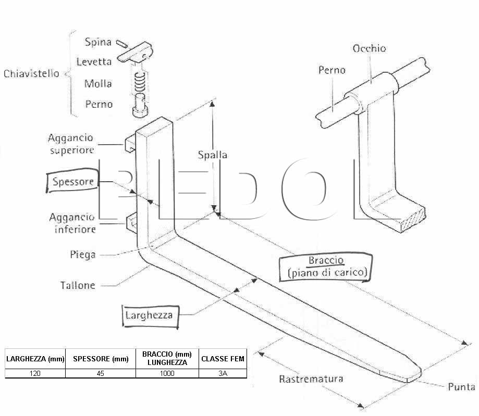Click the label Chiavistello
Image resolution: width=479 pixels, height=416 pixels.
point(31,73)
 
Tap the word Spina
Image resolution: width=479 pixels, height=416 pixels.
point(98,42)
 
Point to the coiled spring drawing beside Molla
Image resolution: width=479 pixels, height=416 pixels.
point(140,82)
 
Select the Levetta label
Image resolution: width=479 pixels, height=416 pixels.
point(94,61)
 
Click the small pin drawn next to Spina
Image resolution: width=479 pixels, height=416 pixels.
point(122,44)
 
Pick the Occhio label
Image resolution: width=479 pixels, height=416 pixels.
point(370,48)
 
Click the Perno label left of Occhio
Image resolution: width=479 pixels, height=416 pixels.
point(332,70)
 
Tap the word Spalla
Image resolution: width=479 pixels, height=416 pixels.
point(213,155)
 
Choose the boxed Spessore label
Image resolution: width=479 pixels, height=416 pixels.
point(73,182)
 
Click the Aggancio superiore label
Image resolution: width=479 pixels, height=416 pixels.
point(71,144)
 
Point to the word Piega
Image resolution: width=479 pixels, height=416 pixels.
point(83,255)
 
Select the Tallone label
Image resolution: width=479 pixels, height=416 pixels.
point(78,285)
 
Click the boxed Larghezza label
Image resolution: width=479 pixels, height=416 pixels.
point(150,316)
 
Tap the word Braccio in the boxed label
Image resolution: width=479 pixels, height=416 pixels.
point(326,260)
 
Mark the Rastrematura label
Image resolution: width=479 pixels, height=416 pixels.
point(311,379)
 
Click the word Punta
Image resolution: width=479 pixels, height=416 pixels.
point(461,387)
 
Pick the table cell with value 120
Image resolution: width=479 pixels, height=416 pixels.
point(35,374)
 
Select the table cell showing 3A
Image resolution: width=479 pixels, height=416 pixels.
point(223,374)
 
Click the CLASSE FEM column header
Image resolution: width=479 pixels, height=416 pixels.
point(223,359)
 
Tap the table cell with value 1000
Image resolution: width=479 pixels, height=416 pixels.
point(167,374)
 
